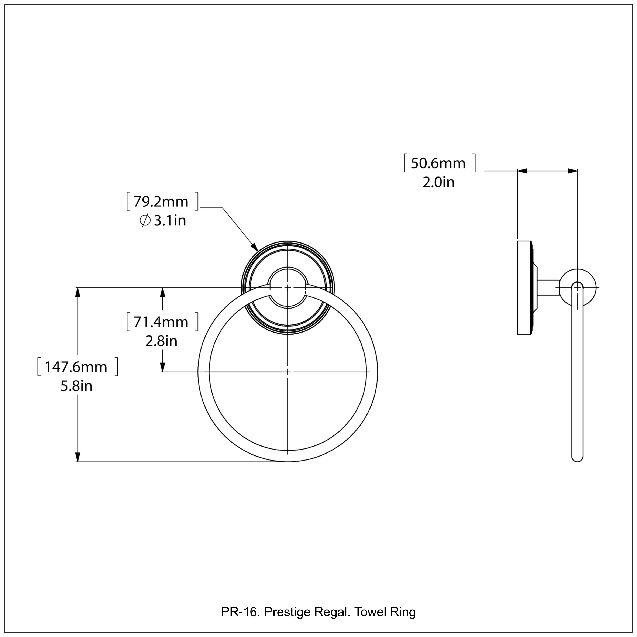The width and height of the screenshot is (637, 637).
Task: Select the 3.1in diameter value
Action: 169,221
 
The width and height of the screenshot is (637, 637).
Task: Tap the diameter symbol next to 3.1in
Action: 145,221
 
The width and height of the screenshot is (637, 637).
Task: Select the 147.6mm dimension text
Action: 76,367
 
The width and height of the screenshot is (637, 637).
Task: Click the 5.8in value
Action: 76,386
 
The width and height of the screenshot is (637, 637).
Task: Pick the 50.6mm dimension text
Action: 438,163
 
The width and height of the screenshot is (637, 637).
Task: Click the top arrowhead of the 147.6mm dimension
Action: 78,292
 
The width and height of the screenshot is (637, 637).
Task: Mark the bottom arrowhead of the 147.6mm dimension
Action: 78,457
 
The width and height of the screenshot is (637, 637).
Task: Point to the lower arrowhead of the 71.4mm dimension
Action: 162,367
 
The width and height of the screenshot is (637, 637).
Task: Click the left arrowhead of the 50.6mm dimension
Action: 523,171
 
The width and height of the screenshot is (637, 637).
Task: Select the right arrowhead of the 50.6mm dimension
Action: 572,171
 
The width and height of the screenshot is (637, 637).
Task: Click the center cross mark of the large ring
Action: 288,372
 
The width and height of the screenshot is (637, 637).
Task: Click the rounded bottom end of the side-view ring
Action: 577,458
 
